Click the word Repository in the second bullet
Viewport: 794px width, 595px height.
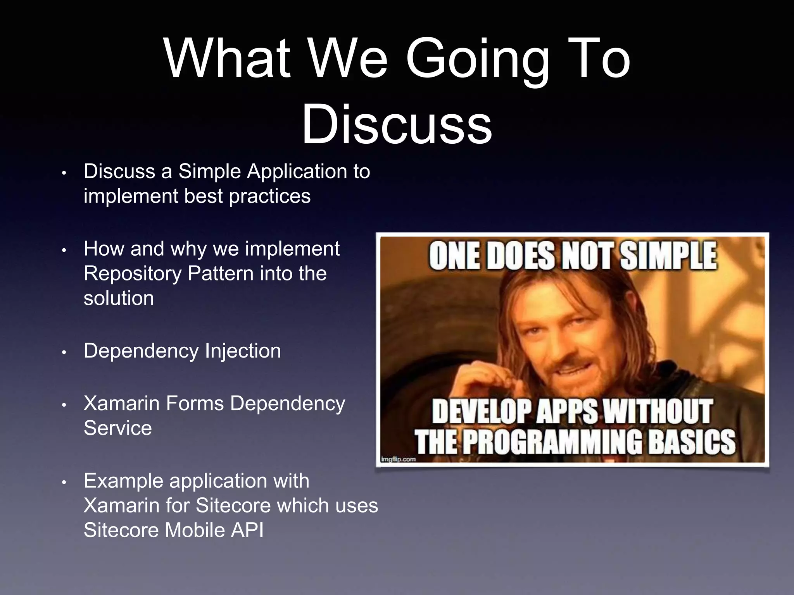133,273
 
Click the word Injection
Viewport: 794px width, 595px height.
243,351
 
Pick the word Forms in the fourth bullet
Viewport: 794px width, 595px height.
195,404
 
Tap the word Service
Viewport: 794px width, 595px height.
118,428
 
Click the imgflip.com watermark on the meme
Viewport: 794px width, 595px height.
398,459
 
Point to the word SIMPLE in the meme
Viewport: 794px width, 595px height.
668,256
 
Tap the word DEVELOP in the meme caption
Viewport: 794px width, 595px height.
481,411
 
